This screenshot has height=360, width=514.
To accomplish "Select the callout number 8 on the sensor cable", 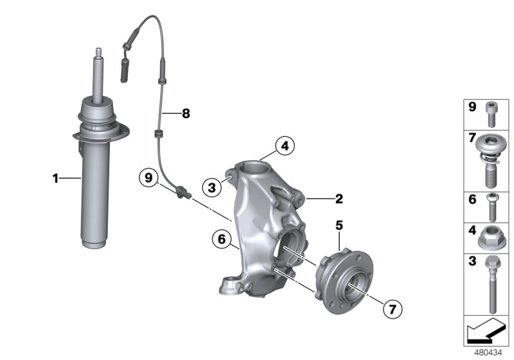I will pos(186,114).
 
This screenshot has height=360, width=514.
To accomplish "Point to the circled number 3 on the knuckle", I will pos(211,188).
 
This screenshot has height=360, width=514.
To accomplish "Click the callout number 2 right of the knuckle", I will pos(338,199).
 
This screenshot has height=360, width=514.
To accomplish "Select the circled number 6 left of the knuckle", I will pos(222,240).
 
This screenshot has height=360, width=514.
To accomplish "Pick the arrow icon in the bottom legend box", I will pos(486,333).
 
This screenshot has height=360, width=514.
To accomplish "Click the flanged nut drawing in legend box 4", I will pos(491,239).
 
